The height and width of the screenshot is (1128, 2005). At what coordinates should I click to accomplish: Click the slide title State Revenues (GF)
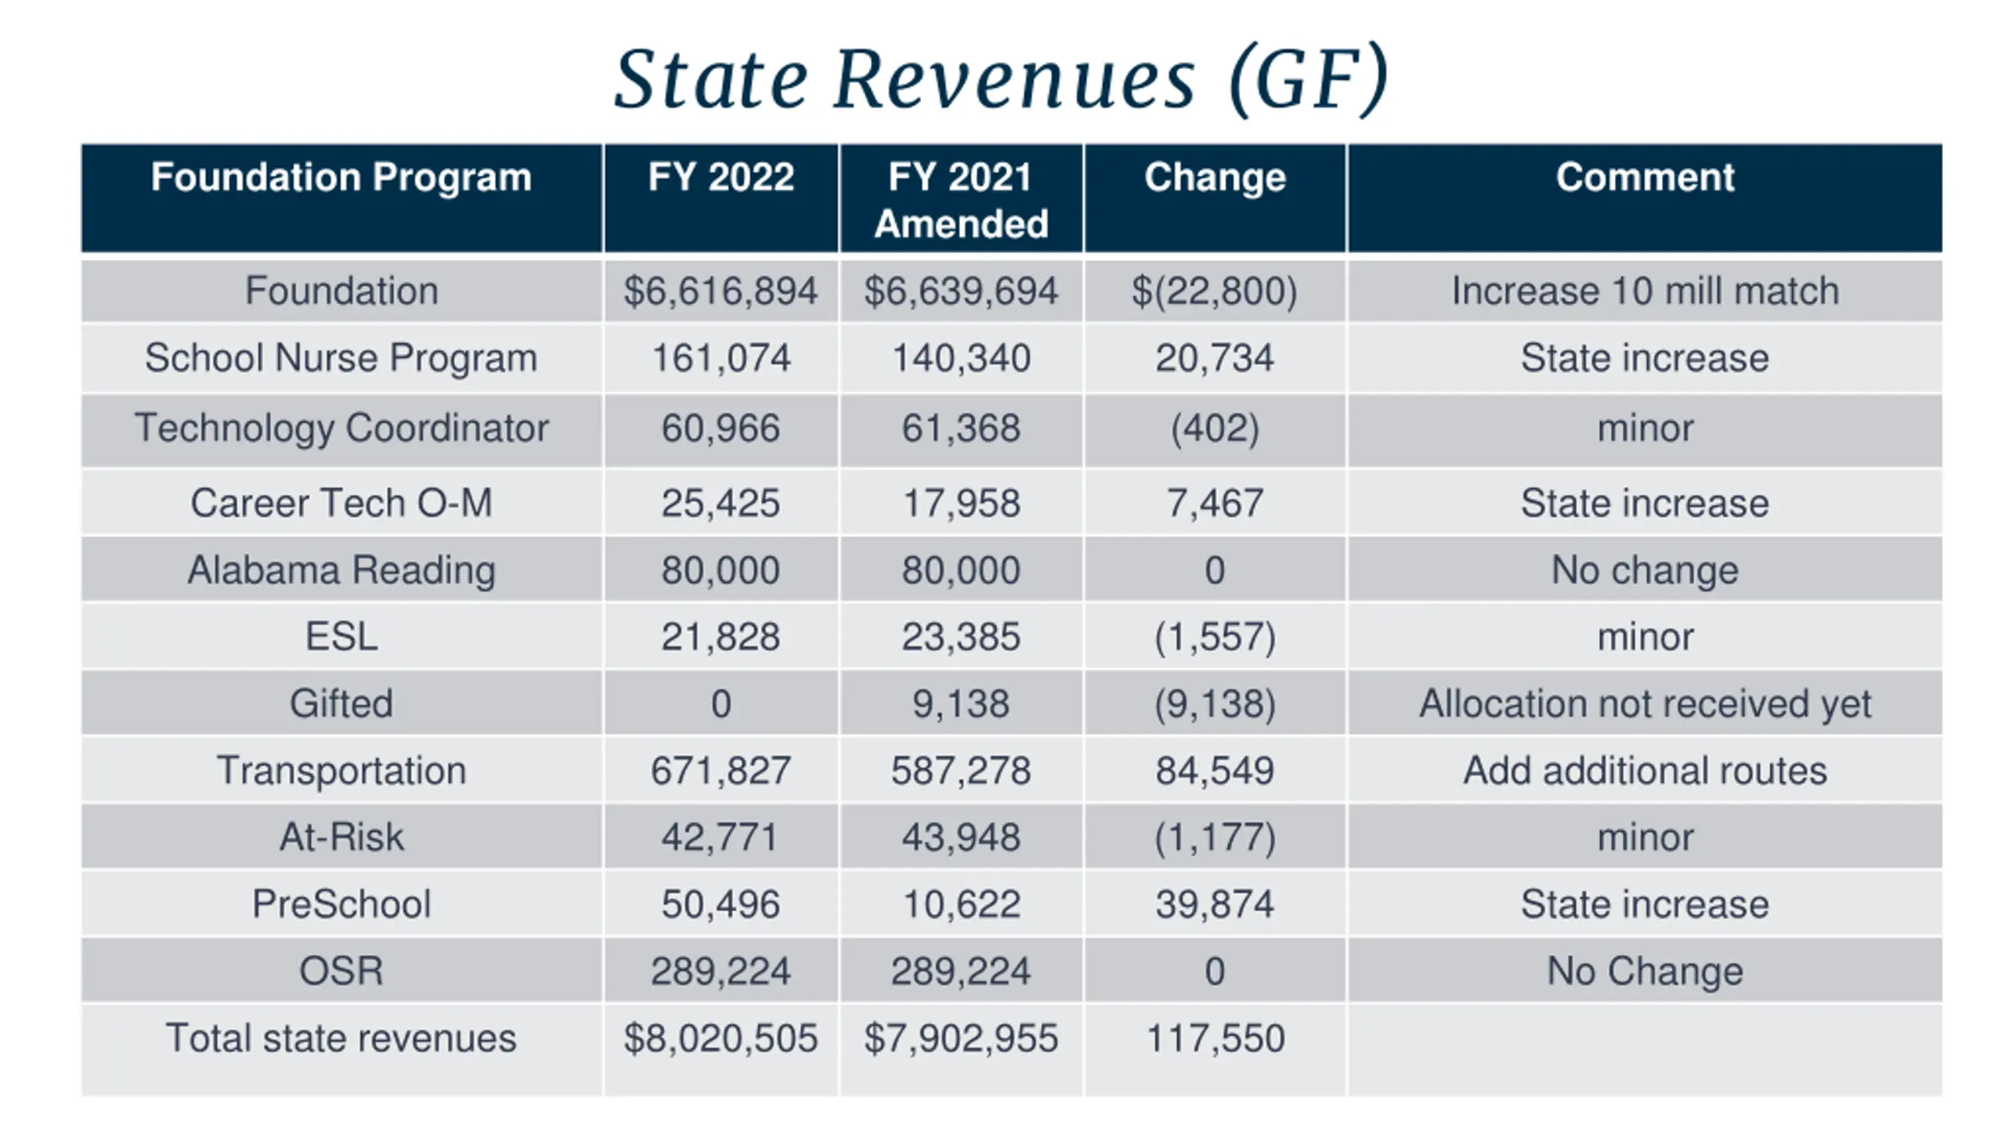(1002, 80)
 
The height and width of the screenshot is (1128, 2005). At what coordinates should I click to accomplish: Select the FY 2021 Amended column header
(961, 200)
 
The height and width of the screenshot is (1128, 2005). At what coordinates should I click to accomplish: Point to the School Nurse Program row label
(341, 358)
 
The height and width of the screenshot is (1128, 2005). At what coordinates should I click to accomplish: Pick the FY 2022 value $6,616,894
(721, 291)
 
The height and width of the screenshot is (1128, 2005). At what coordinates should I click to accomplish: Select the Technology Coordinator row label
(341, 428)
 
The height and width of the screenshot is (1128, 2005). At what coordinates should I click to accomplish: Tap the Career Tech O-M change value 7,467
(1215, 503)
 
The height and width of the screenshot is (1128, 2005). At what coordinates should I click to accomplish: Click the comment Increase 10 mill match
(1645, 291)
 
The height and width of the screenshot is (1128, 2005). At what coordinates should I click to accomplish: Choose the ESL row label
(341, 636)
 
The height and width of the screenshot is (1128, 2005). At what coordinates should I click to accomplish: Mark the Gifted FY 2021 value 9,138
(961, 703)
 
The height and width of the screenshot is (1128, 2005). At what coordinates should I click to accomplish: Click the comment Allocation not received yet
(1645, 703)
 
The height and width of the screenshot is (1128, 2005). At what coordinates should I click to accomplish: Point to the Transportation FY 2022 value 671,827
(721, 771)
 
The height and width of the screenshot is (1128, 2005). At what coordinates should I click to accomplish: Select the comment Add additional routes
(1645, 771)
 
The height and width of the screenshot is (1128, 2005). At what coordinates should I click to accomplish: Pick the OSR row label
(341, 971)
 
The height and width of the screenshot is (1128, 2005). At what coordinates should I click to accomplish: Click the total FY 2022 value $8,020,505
(721, 1039)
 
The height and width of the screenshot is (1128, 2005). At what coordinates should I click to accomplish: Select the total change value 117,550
(1215, 1039)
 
